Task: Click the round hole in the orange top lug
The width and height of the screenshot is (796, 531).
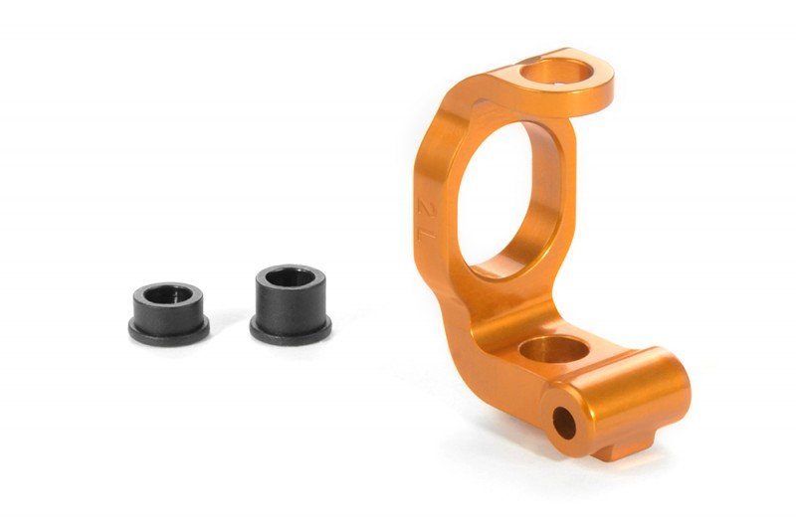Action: click(553, 73)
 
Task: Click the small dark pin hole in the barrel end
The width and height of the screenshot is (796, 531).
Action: click(564, 424)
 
